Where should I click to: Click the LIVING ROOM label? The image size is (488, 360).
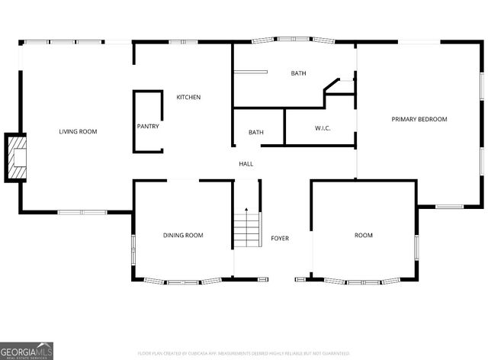pos(78,132)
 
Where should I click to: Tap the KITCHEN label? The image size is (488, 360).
pos(188,98)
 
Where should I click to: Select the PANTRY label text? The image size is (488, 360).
pos(148,127)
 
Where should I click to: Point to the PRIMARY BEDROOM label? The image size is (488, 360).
pos(419,119)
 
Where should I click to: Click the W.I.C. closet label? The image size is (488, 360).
pos(322,128)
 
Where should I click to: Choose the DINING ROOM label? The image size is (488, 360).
pos(183,236)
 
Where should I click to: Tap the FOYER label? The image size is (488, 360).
pos(280,239)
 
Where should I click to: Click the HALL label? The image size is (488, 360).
pos(246,164)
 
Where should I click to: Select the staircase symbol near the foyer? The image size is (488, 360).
pos(246,229)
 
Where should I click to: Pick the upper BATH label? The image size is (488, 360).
pos(298,73)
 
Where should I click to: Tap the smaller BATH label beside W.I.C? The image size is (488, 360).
pos(256,133)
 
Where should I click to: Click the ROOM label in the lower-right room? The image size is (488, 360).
pos(364,236)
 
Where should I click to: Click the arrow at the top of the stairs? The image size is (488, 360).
pos(246,209)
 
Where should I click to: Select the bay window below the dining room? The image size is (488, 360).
pos(183,281)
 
